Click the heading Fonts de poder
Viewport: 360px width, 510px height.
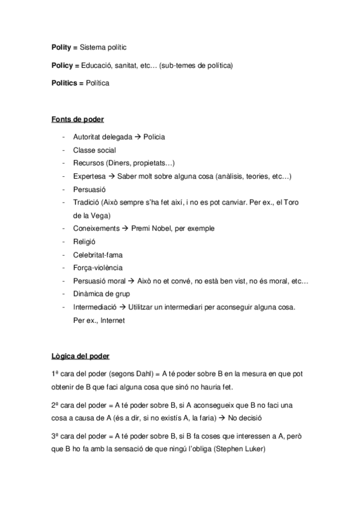[x=78, y=119]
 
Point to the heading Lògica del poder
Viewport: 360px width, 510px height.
[x=81, y=355]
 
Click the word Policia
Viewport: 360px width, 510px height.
[x=154, y=137]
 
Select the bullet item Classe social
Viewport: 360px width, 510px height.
[x=94, y=150]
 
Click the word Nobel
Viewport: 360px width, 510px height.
[x=168, y=229]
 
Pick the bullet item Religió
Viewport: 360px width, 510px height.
[x=85, y=242]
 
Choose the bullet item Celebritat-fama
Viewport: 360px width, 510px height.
[x=97, y=255]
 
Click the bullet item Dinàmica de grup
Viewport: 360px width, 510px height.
[x=101, y=294]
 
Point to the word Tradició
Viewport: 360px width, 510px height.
[x=85, y=202]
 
